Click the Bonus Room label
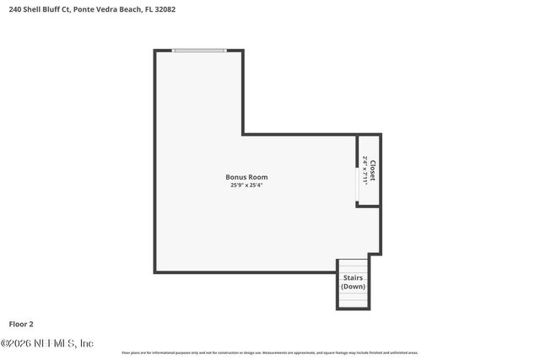click(x=246, y=177)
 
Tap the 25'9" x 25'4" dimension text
click(x=246, y=185)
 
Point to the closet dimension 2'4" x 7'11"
click(x=365, y=170)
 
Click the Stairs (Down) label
click(x=353, y=282)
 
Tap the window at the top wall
click(x=199, y=51)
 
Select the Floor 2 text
click(x=21, y=323)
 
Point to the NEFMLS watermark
click(x=46, y=343)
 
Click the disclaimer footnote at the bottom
click(x=270, y=352)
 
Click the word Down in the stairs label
click(x=353, y=287)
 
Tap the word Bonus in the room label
click(x=235, y=177)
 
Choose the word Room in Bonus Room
click(x=257, y=177)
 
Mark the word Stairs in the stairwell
click(x=353, y=277)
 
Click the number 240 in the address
click(x=14, y=10)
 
